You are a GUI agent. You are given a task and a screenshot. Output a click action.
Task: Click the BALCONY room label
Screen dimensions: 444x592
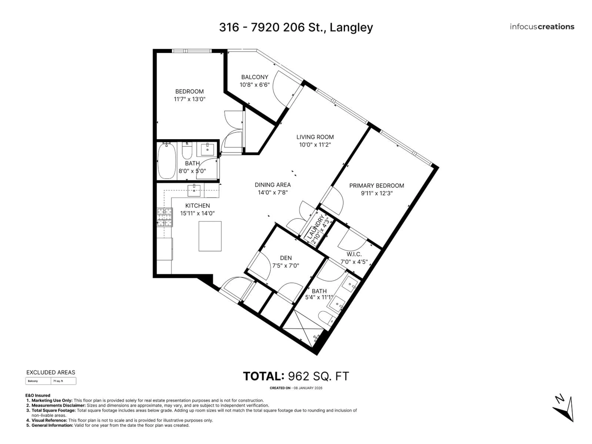click(x=255, y=77)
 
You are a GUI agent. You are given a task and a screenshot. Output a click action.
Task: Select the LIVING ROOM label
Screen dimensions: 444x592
click(x=315, y=137)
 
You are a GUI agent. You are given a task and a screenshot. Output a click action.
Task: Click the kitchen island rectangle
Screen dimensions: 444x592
click(x=210, y=236)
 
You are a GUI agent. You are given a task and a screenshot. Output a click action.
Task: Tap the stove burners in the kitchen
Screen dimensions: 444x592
click(x=164, y=217)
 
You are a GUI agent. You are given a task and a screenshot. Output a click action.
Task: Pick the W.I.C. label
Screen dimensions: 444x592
click(x=354, y=254)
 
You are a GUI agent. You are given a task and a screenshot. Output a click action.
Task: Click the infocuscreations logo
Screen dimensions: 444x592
click(x=542, y=27)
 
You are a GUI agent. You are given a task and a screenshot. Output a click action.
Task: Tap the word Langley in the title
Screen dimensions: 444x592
click(x=351, y=27)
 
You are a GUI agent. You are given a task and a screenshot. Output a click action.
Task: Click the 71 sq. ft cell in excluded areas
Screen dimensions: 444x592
click(x=58, y=381)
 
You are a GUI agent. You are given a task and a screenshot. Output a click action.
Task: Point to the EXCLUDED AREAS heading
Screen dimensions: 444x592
click(x=51, y=372)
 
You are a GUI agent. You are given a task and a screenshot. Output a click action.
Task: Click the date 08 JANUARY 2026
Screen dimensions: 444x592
click(x=308, y=388)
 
